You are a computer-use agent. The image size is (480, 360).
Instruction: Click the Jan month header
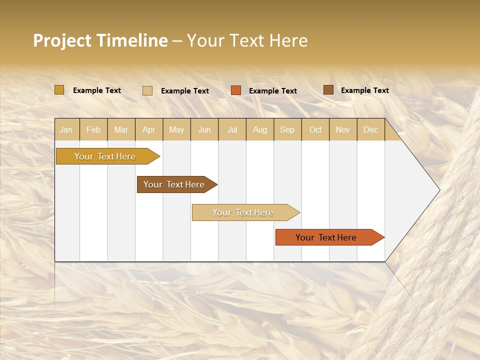coord(66,129)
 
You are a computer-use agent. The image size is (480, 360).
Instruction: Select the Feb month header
coord(93,129)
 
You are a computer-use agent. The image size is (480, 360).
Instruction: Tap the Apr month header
coord(148,129)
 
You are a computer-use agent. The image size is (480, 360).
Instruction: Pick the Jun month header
coord(204,129)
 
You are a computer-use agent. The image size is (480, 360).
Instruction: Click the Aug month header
coord(260,129)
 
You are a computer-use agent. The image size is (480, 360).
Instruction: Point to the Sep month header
coord(287,129)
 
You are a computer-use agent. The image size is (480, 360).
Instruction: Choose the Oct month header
coord(315,129)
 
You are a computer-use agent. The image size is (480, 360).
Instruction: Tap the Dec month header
coord(370,129)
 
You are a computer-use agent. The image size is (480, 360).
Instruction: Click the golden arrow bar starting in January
coord(105,156)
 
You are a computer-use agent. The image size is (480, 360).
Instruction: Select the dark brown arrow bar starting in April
coord(174,184)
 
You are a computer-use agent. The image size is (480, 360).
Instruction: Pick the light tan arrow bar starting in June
coord(243,212)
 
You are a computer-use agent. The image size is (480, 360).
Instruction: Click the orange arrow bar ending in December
coord(326,237)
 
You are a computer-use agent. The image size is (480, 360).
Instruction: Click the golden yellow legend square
coord(59,90)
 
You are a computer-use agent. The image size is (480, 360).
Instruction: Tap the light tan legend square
coord(147,90)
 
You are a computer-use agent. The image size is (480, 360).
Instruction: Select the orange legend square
coord(236,90)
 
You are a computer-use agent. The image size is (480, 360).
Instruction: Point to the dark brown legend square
coord(328,90)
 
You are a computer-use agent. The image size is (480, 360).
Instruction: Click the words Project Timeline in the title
coord(100,40)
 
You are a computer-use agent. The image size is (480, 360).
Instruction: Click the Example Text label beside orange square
coord(273,91)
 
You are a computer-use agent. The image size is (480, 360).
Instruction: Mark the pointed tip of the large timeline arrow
coord(438,190)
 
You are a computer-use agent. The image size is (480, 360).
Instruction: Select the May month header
coord(176,129)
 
